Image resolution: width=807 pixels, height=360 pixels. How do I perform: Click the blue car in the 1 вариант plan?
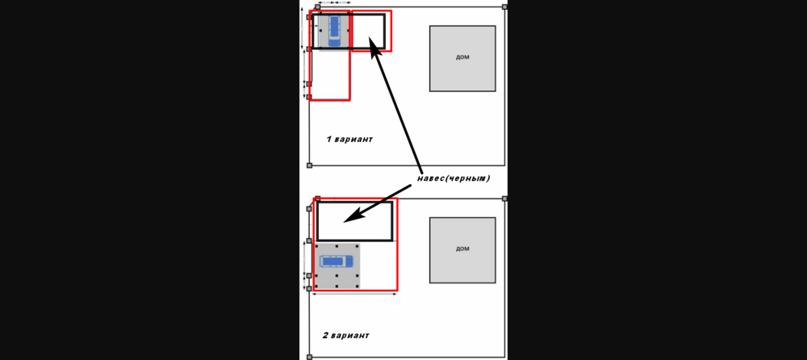coord(335,31)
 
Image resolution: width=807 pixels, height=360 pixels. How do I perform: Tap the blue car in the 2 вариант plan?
coord(337,261)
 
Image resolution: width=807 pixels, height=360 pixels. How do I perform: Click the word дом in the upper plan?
coord(462,57)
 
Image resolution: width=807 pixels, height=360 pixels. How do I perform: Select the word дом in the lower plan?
coord(462,249)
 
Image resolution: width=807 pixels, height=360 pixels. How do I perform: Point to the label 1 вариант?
coord(349,139)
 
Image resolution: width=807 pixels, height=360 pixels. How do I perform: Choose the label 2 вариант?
coord(346,335)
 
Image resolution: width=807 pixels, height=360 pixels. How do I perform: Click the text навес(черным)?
coord(454,178)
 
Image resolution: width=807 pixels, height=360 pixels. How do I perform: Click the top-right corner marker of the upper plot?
coord(505,6)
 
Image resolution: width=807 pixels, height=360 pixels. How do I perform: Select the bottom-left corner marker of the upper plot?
coord(309,165)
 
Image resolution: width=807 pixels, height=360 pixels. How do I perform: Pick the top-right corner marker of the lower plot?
coord(505,199)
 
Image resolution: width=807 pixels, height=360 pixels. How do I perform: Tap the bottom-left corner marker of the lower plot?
coord(309,357)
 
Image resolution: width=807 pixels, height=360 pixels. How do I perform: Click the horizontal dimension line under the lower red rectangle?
coord(354,294)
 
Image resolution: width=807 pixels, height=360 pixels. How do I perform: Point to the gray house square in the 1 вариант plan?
coord(462,58)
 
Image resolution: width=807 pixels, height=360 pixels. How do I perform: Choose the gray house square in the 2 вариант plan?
coord(462,249)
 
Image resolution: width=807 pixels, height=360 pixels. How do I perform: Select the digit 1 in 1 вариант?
coord(328,139)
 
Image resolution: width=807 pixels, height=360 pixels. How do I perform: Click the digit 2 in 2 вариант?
coord(326,335)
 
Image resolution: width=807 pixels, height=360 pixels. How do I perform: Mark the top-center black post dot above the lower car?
coord(337,245)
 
